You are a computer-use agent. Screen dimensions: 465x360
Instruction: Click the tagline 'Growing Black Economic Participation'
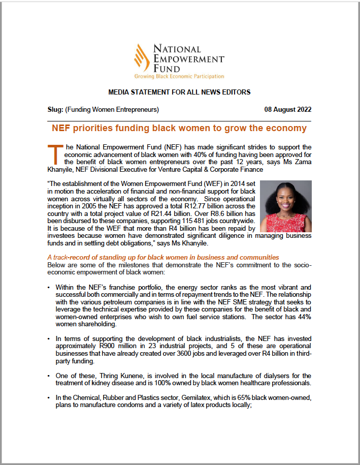[179, 76]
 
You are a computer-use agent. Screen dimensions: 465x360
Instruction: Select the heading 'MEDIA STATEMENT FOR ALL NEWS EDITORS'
[179, 92]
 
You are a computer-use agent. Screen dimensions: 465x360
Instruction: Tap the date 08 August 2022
[288, 109]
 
